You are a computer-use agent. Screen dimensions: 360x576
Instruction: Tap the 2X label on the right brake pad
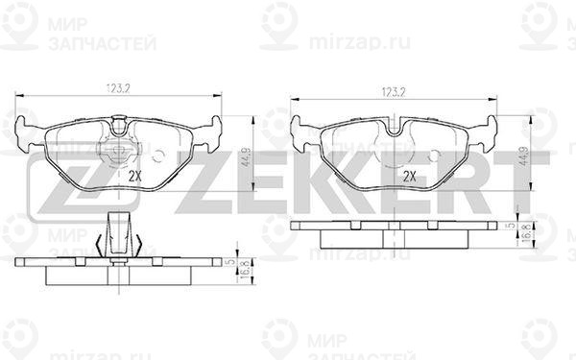(409, 176)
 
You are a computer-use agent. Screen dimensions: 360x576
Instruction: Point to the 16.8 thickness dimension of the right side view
(526, 231)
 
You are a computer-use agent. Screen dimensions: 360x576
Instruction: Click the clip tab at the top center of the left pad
(119, 123)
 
